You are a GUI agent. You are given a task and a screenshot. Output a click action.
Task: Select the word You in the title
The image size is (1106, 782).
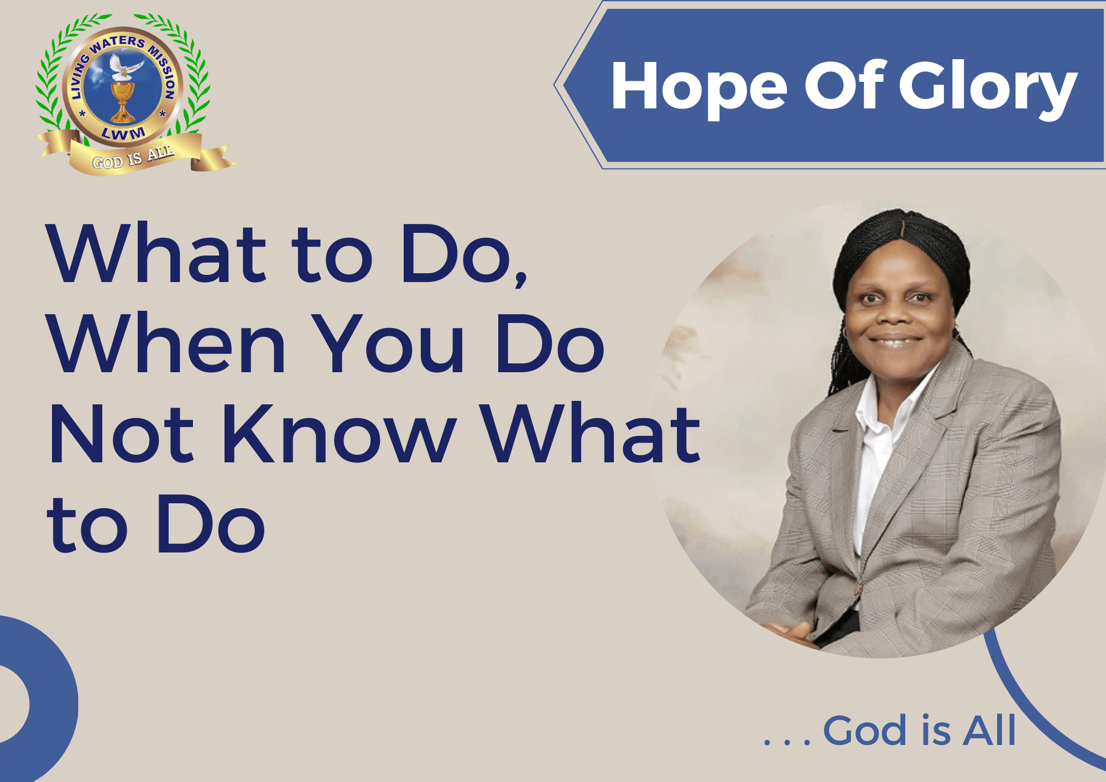(389, 343)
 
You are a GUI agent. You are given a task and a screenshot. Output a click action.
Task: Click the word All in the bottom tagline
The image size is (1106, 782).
(989, 730)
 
